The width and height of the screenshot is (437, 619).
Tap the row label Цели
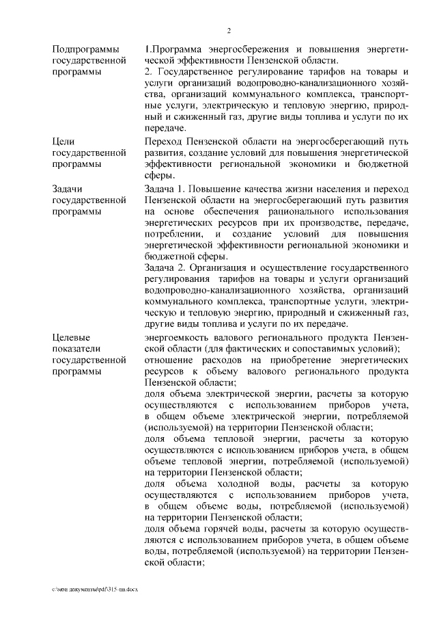click(x=64, y=141)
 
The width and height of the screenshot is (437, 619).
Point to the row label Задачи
click(x=69, y=187)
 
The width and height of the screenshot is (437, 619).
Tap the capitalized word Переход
click(x=165, y=141)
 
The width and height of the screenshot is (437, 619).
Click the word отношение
click(x=171, y=360)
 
